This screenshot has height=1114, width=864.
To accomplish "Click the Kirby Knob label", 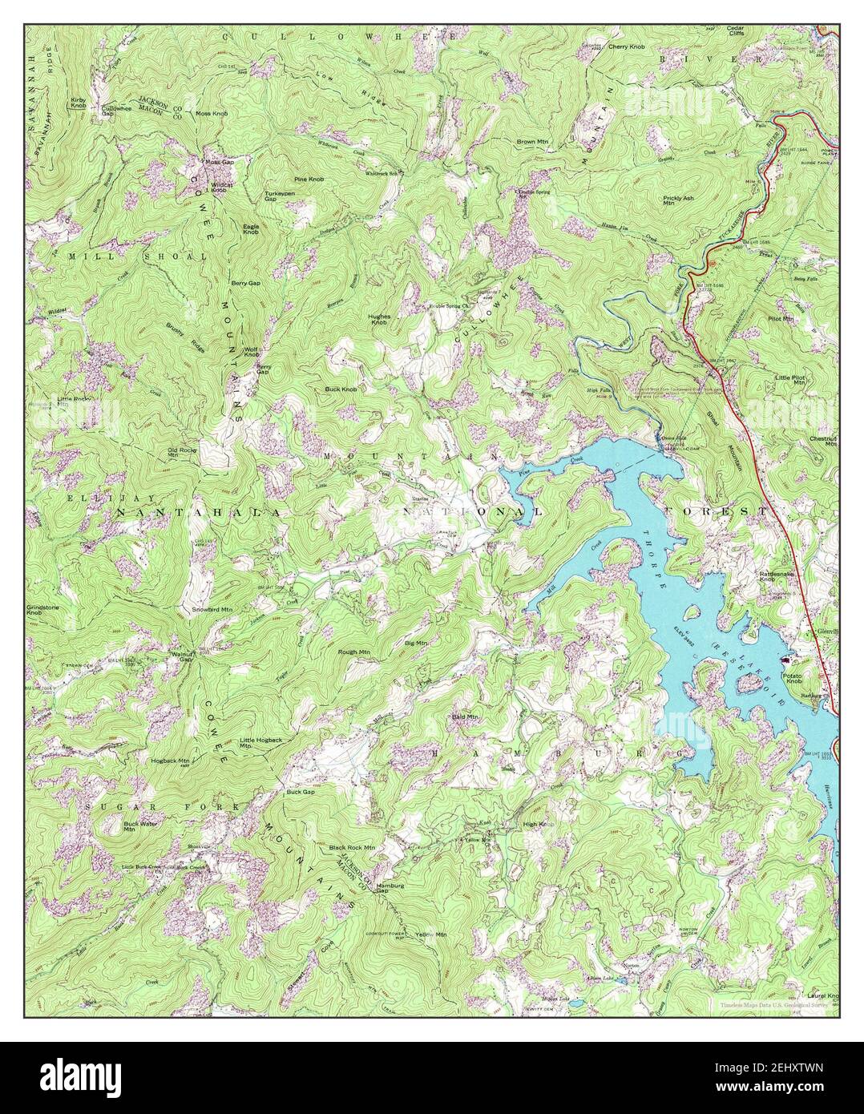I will click(79, 102).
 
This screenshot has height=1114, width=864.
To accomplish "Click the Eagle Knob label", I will click(251, 229).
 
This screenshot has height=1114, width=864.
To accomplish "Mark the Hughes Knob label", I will click(379, 318).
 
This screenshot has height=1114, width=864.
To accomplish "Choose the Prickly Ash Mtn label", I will click(678, 200).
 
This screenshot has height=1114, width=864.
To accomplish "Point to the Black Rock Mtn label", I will click(352, 847).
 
